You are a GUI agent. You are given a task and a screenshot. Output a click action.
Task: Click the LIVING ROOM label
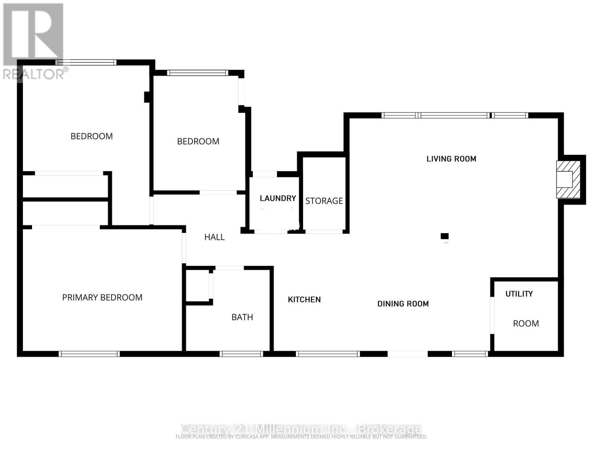[x=451, y=159]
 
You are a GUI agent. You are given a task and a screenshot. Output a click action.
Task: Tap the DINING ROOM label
[x=403, y=304]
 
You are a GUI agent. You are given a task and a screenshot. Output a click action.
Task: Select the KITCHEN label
[x=304, y=299]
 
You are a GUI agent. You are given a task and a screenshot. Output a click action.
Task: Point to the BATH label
[x=242, y=317]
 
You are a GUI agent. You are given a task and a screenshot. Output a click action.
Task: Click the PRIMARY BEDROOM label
[x=102, y=298]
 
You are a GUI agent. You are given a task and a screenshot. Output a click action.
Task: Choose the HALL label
[x=214, y=237]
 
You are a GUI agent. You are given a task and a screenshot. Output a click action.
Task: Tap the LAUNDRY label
[x=278, y=198]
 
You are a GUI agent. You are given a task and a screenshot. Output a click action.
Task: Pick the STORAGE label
[x=324, y=201]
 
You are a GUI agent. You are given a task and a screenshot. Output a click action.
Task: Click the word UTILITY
[x=519, y=294]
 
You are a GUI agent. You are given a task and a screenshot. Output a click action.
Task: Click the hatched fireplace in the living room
[x=568, y=179]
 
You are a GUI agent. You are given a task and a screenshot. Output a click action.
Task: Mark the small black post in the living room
[x=445, y=236]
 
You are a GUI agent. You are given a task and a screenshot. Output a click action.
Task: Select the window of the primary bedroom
[x=89, y=354]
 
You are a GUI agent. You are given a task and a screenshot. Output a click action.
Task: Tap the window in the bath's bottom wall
[x=241, y=354]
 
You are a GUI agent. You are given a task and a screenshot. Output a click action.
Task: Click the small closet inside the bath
[x=198, y=285]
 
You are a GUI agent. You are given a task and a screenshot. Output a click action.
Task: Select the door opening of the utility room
[x=492, y=315]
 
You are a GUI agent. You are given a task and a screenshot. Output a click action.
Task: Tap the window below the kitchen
[x=328, y=354]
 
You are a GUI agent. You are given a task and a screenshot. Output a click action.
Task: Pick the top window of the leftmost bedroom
[x=86, y=63]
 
